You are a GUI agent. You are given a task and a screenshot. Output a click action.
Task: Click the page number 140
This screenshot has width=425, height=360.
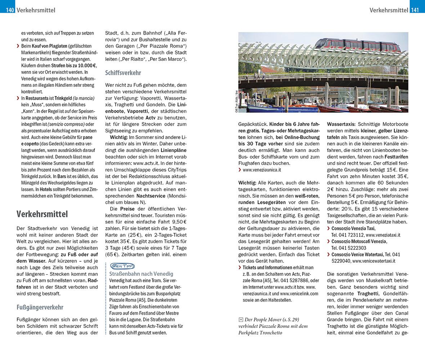pos(10,10)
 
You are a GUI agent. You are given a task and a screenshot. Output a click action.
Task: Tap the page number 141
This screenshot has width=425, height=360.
pos(415,10)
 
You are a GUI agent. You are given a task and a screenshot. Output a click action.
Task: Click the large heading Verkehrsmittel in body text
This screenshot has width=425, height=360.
pos(42,214)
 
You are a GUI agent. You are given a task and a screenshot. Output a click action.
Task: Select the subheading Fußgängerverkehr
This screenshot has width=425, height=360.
pos(40,307)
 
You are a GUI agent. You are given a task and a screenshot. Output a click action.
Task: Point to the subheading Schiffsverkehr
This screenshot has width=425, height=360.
pos(123,73)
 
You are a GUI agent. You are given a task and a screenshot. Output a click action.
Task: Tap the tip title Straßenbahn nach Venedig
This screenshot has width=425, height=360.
pos(141,274)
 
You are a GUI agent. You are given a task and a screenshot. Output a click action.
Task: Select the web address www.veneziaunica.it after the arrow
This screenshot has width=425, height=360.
pos(261,170)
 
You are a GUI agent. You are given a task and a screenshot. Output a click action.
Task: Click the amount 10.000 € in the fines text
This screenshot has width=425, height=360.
pos(85,66)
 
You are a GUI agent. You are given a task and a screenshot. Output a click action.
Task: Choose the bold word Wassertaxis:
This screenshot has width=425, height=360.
pos(340,124)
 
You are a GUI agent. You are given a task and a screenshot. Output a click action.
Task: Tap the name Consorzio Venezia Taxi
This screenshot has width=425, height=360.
pos(353,228)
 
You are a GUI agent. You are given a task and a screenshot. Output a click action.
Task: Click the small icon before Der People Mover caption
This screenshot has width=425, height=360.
pos(241,320)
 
